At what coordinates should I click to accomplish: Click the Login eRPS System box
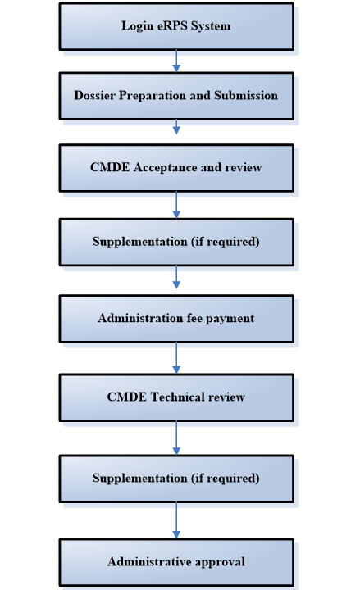(175, 26)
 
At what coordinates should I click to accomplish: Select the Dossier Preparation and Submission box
(175, 96)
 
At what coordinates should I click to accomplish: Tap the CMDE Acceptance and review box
(175, 168)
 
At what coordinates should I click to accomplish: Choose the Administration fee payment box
(175, 319)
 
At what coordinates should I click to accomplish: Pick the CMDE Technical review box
(175, 397)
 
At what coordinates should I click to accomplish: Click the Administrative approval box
(175, 562)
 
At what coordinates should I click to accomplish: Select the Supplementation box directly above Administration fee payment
(175, 242)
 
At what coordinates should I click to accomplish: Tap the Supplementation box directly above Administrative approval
(175, 479)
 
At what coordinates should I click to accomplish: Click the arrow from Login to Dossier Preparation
(175, 61)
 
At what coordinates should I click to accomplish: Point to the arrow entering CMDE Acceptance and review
(175, 127)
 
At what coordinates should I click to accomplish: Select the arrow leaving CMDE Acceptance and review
(175, 205)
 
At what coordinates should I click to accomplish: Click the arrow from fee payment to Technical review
(175, 358)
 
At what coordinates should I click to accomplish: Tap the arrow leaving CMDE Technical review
(175, 438)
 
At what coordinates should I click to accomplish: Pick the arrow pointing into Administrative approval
(175, 520)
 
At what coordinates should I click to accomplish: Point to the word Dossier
(95, 96)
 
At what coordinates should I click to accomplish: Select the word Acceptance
(165, 168)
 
